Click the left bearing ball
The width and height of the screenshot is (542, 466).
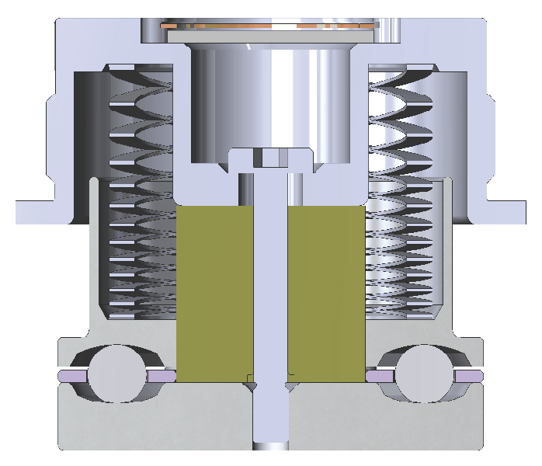(116, 374)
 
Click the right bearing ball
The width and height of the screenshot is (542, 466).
(425, 374)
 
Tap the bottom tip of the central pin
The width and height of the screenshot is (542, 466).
(271, 444)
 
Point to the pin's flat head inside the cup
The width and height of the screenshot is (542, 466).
(271, 159)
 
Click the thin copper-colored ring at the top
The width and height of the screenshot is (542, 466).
(268, 27)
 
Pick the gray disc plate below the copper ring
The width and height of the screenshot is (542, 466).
(268, 36)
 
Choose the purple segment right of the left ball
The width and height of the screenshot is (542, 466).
(158, 376)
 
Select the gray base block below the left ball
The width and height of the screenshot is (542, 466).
(116, 427)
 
